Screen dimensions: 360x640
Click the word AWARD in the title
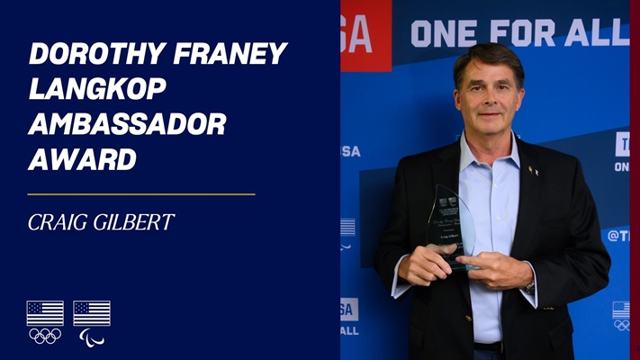(x=82, y=159)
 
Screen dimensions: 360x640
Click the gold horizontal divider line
(x=141, y=193)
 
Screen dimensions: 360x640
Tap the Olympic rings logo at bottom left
(x=44, y=336)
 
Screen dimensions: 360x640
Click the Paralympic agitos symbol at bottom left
(x=92, y=336)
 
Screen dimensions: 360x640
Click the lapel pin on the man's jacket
(x=533, y=169)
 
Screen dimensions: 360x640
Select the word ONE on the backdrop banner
(x=441, y=33)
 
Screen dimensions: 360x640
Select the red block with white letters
(x=365, y=34)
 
